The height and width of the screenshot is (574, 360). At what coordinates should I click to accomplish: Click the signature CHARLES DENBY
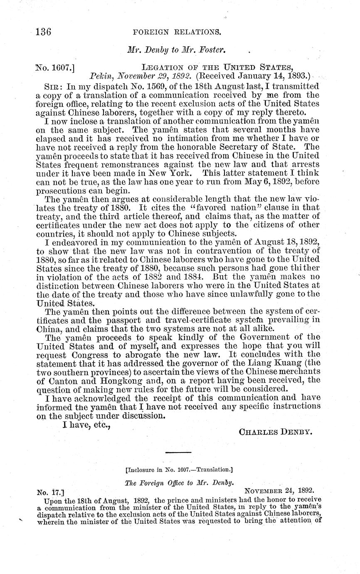point(275,432)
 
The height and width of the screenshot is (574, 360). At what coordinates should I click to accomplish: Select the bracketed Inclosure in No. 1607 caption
point(179,470)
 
